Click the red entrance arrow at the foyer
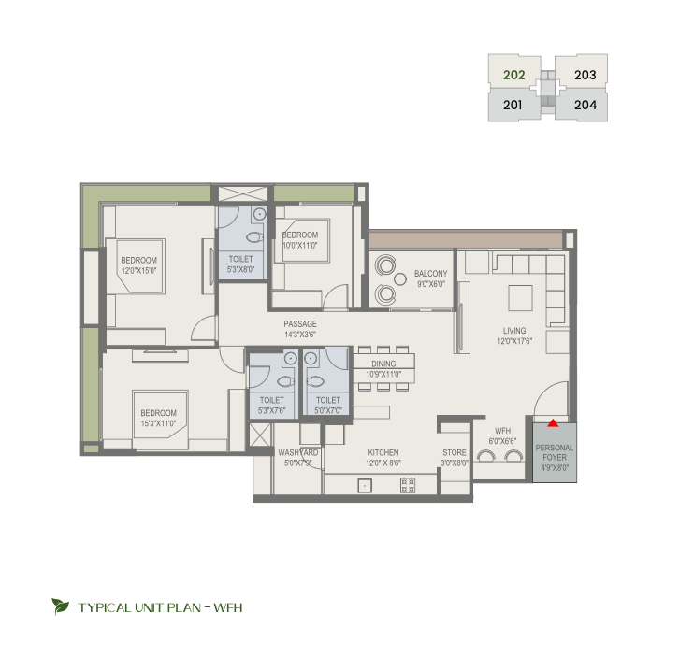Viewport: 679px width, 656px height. [553, 422]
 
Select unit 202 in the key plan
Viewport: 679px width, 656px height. [514, 75]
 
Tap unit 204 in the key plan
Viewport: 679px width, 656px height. [585, 105]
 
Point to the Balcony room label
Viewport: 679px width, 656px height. [430, 274]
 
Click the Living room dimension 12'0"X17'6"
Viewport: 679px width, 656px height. [514, 341]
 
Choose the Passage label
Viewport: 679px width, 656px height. [300, 323]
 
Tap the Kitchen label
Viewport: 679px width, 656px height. [383, 452]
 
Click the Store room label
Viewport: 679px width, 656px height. [455, 452]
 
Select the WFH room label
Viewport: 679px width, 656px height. [502, 431]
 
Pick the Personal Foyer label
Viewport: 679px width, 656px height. [555, 452]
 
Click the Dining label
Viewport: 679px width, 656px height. [383, 364]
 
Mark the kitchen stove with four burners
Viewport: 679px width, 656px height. [408, 485]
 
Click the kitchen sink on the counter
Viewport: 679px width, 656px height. [365, 486]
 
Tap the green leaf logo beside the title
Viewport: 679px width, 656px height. [60, 606]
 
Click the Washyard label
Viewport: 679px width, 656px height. [298, 452]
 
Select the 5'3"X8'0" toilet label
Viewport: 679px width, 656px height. [240, 264]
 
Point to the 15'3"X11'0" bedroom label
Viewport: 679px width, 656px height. [158, 418]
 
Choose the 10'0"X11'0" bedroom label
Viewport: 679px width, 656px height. [300, 240]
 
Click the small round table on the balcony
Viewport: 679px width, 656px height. [400, 279]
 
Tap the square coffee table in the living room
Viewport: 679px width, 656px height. [521, 298]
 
